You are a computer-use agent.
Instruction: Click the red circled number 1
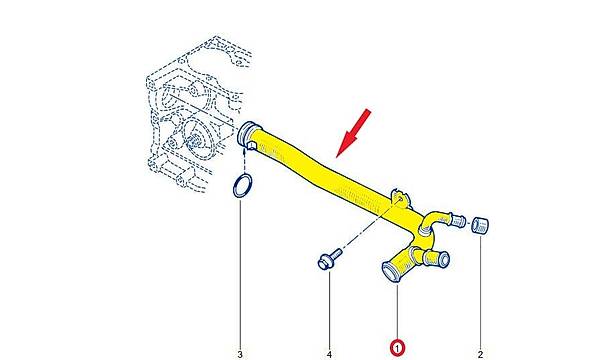398,347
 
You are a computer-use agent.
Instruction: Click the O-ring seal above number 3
241,186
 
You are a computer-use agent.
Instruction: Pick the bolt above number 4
325,263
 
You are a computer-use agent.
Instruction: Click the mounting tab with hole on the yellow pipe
400,193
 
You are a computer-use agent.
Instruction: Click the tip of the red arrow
340,157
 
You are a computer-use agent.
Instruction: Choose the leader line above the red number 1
398,310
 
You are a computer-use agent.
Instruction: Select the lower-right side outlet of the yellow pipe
434,258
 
